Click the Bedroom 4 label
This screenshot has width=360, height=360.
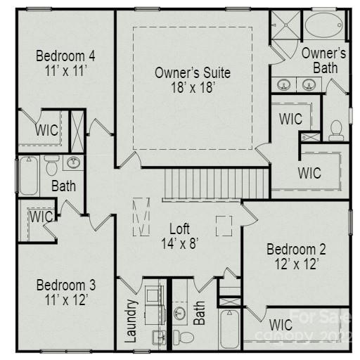coord(65,56)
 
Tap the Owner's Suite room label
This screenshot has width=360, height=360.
coord(192,72)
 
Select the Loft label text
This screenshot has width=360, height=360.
coord(180,229)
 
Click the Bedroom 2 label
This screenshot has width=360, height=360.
coord(295,249)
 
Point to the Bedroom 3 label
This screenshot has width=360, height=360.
coord(65,285)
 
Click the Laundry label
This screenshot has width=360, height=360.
coord(131,321)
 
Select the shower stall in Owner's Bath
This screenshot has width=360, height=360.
coord(285,27)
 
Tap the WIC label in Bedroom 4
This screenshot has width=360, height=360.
coord(46,130)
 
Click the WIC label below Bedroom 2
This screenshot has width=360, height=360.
coord(281,325)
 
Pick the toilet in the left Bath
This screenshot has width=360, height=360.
coord(51,166)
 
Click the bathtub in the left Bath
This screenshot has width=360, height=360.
coord(27,175)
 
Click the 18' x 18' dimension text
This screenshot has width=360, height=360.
coord(192,87)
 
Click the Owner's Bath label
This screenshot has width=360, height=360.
coord(323,60)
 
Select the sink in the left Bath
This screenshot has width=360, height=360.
coord(73,163)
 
